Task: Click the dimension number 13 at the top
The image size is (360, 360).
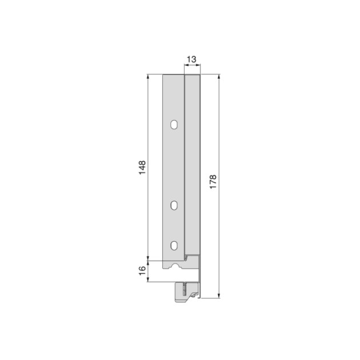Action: [x=192, y=59]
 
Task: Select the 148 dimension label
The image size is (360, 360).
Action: [x=142, y=167]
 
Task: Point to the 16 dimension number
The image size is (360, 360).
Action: [x=142, y=270]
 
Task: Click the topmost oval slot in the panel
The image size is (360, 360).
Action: [x=174, y=124]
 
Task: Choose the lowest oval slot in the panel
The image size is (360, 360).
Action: [x=174, y=245]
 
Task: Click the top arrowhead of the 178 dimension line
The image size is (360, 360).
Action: [x=219, y=76]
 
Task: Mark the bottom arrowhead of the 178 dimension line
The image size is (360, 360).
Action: [x=219, y=295]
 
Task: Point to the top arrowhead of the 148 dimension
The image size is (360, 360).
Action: [x=148, y=76]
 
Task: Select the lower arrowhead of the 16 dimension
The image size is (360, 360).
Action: [x=148, y=279]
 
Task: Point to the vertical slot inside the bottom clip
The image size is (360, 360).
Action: [x=184, y=289]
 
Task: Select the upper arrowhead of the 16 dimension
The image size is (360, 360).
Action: [x=148, y=262]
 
